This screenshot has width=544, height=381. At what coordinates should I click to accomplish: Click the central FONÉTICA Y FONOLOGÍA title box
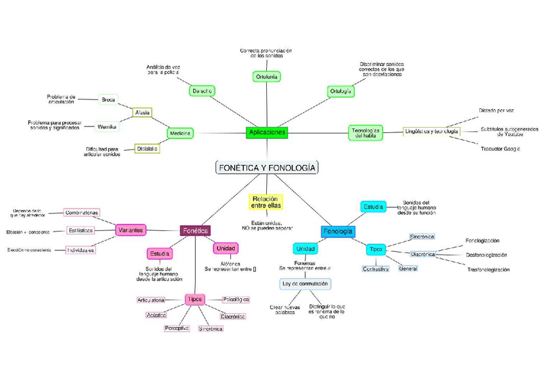267,167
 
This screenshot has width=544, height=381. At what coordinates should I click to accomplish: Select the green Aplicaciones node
266,132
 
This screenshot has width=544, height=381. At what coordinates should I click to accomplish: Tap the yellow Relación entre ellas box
266,202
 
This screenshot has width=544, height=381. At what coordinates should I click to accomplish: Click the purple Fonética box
195,230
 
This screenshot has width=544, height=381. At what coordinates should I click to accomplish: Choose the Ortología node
341,91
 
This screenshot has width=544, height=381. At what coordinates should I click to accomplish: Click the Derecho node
202,91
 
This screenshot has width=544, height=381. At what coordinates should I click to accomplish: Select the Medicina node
180,133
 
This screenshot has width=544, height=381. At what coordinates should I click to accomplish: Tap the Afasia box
142,113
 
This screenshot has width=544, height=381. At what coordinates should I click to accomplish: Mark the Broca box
108,99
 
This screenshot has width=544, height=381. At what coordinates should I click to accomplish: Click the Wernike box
106,126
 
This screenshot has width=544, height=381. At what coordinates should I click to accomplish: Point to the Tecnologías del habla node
366,133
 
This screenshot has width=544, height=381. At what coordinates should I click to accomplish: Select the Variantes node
131,230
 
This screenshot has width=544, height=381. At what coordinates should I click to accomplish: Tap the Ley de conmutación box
305,283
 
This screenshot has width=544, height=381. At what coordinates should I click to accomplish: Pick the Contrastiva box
376,269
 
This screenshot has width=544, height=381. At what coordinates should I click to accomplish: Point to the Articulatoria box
151,300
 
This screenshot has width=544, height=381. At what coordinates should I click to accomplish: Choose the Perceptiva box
176,328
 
